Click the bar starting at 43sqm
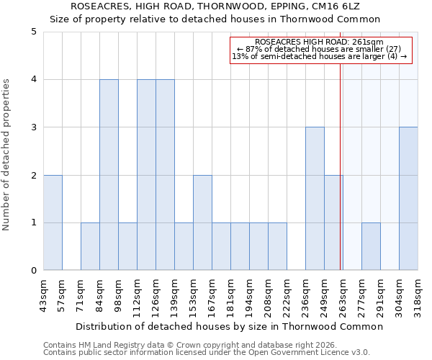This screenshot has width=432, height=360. click(x=53, y=222)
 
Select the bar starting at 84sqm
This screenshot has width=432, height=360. click(x=109, y=175)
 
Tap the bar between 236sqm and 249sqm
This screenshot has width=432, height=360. click(x=315, y=199)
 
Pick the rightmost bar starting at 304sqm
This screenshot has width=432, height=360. click(x=408, y=199)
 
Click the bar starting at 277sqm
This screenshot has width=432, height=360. click(x=371, y=246)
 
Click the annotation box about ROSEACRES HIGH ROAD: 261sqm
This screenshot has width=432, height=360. click(x=320, y=50)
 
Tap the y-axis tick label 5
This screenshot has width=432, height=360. click(x=34, y=32)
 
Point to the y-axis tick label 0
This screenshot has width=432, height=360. click(x=34, y=271)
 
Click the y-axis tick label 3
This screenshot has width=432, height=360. click(x=34, y=127)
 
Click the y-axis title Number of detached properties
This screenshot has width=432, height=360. click(x=7, y=151)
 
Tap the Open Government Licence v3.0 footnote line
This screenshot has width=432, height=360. click(x=207, y=353)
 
